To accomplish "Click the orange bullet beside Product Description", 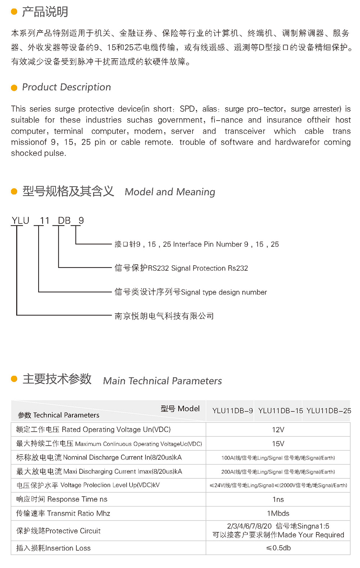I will click(14, 88).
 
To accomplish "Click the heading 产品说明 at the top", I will click(45, 12).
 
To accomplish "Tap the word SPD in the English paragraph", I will click(187, 109).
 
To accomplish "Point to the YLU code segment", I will click(20, 220).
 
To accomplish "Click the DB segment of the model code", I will click(64, 220).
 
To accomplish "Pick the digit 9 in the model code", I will click(81, 220).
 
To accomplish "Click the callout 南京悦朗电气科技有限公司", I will click(164, 316).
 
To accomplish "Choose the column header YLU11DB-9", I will click(232, 411).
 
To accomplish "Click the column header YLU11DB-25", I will click(329, 411).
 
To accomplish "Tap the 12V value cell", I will click(278, 430).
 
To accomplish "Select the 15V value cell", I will click(278, 444).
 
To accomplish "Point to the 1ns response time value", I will click(278, 499).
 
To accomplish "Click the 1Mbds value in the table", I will click(278, 513).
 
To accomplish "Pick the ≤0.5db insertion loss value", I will click(278, 548).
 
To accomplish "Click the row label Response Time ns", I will click(62, 499).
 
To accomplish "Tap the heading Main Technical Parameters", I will click(162, 381).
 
